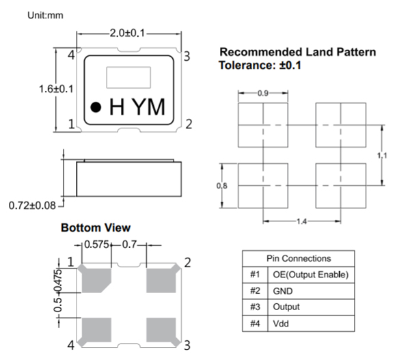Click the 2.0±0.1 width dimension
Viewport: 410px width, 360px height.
coord(129,32)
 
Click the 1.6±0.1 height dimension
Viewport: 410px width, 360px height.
coord(56,89)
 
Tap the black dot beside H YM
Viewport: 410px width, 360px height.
coord(96,107)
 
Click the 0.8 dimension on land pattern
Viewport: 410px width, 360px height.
coord(221,186)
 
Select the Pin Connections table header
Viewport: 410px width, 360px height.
coord(299,258)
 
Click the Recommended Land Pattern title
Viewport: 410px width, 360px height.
coord(297,53)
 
